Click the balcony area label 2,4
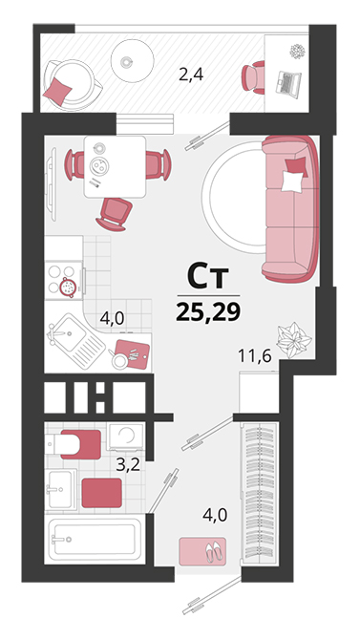pyautogui.click(x=191, y=75)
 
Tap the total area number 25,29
pyautogui.click(x=208, y=312)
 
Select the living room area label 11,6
pyautogui.click(x=255, y=356)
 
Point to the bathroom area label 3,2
pyautogui.click(x=128, y=464)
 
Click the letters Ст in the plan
pyautogui.click(x=208, y=276)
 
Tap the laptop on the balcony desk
pyautogui.click(x=288, y=84)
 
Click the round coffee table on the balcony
pyautogui.click(x=132, y=61)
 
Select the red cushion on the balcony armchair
pyautogui.click(x=57, y=91)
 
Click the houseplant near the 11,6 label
pyautogui.click(x=294, y=340)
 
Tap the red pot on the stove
pyautogui.click(x=68, y=287)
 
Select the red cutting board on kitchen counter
pyautogui.click(x=132, y=353)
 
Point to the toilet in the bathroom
pyautogui.click(x=74, y=444)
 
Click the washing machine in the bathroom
pyautogui.click(x=126, y=437)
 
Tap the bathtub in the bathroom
pyautogui.click(x=94, y=539)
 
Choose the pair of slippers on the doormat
pyautogui.click(x=214, y=552)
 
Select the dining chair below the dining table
pyautogui.click(x=114, y=214)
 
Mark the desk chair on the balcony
pyautogui.click(x=253, y=77)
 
